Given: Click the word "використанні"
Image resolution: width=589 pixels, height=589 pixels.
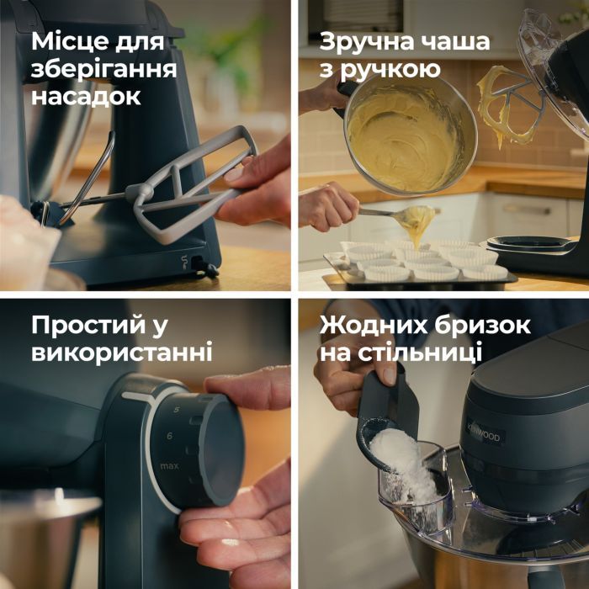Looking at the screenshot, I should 122,352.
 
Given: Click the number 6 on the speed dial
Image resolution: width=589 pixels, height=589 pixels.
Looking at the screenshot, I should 169,435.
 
